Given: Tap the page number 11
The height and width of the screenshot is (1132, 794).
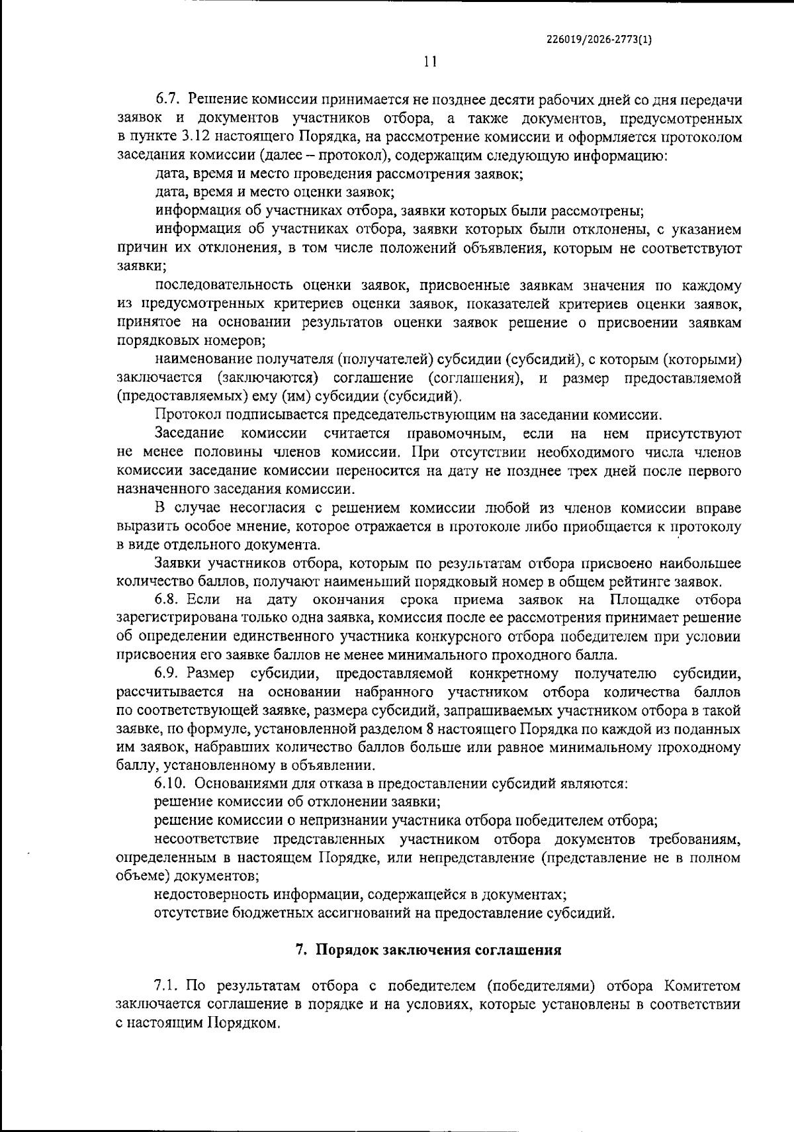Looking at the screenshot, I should click(430, 62).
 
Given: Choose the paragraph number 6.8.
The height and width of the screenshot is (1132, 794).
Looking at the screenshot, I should click(168, 600).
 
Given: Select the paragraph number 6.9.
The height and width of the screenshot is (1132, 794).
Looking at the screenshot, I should click(168, 674).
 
